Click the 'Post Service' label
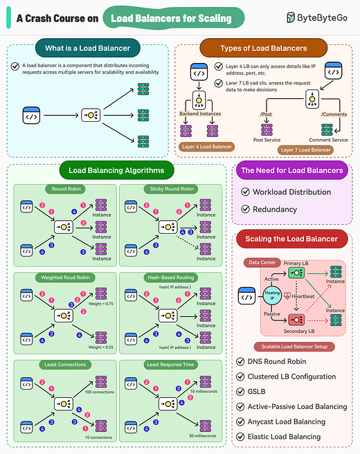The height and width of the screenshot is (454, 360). (267, 139)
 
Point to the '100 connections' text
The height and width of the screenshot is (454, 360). (100, 392)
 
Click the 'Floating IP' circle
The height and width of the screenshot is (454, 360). (271, 296)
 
